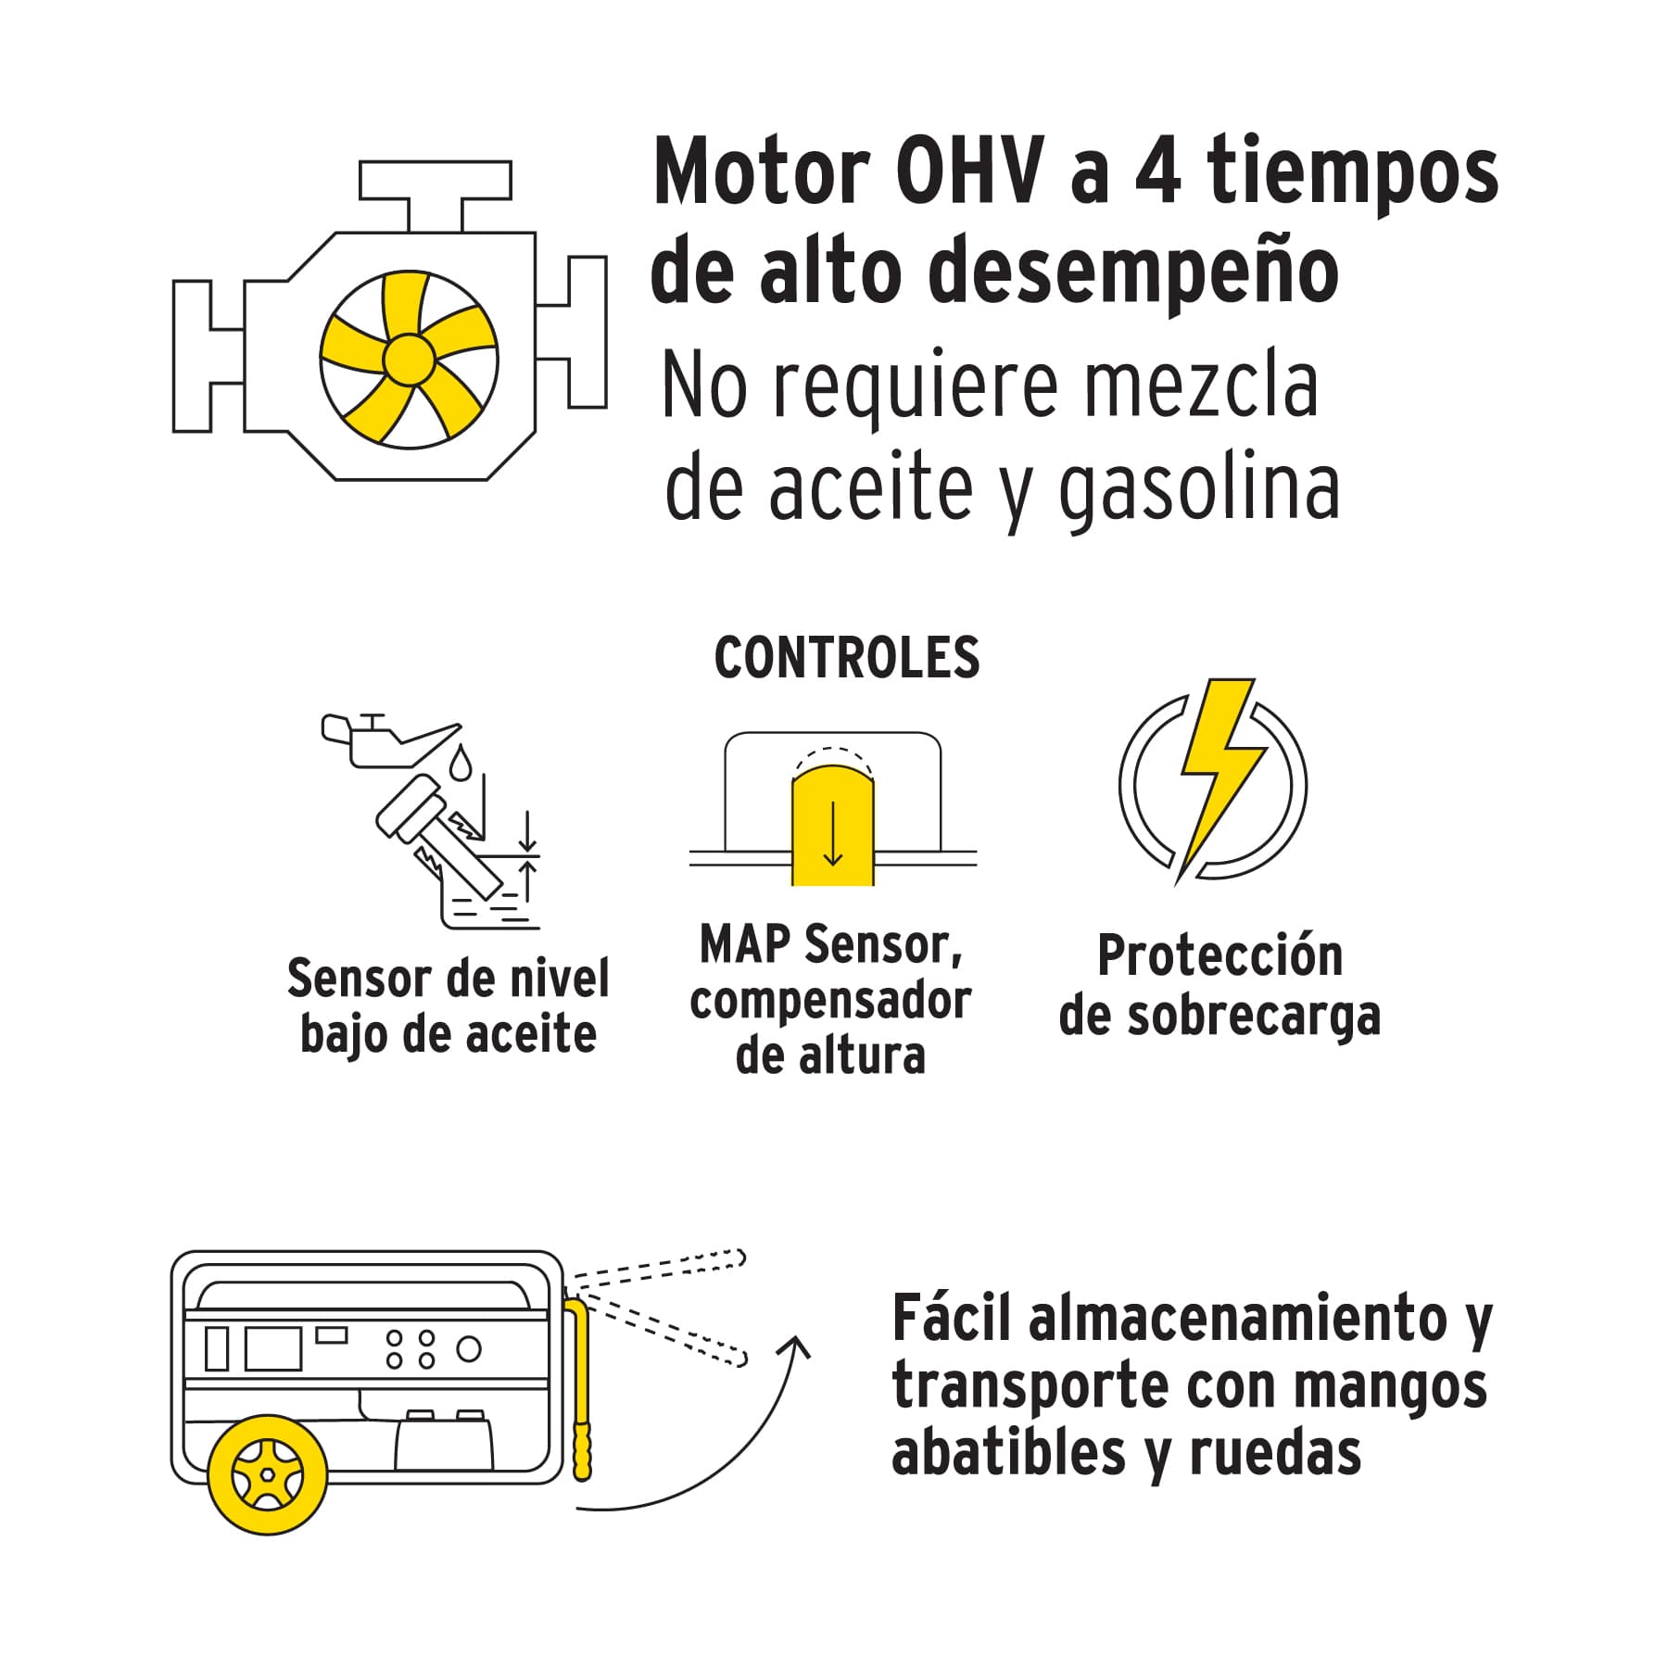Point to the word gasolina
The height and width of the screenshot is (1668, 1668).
(x=1199, y=491)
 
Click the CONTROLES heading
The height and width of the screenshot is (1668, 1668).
(x=846, y=658)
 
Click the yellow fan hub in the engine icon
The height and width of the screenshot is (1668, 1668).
(x=409, y=359)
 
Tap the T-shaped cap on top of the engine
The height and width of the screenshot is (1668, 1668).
(x=435, y=196)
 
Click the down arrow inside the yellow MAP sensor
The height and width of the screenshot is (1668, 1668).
(x=832, y=833)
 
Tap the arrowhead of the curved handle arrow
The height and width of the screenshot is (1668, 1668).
(x=796, y=1348)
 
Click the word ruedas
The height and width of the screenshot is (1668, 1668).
(x=1276, y=1452)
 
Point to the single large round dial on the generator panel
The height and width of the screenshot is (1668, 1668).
(x=469, y=1349)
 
